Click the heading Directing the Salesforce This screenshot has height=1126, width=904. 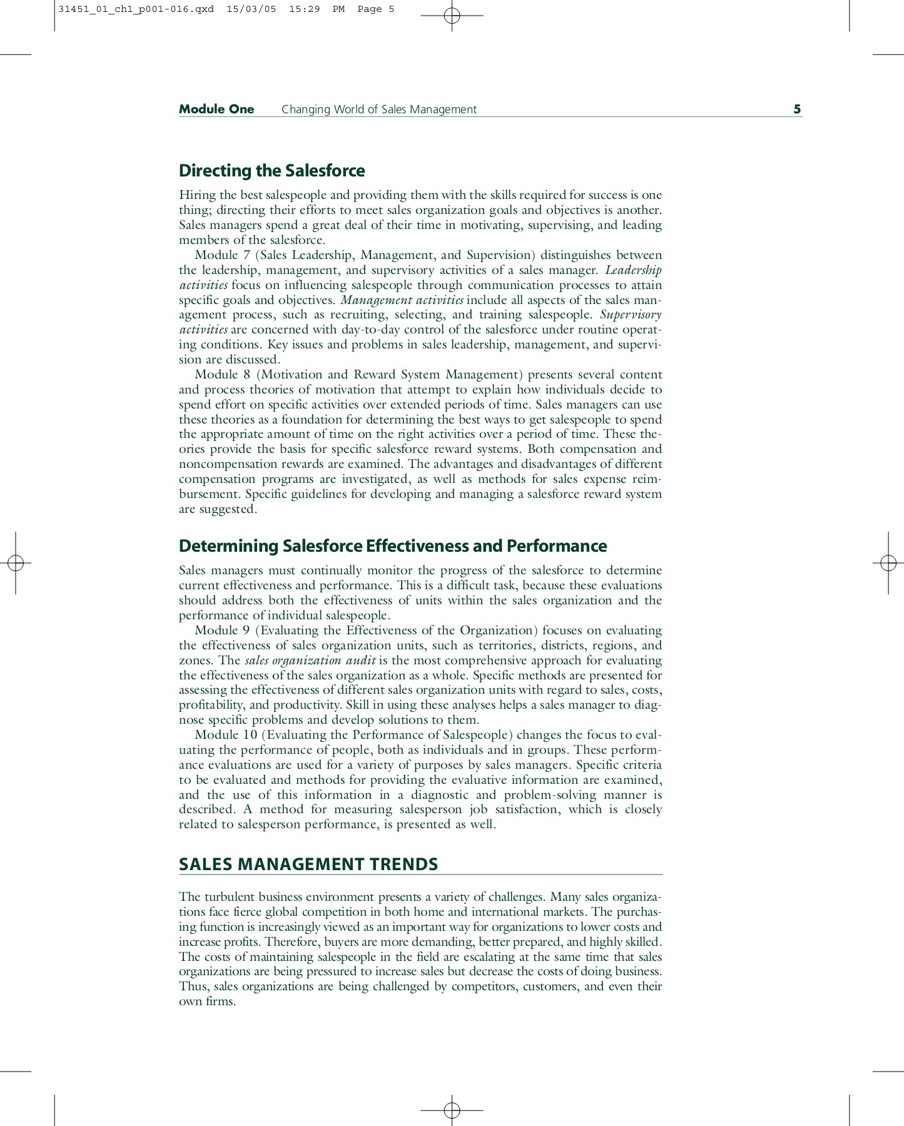(x=272, y=171)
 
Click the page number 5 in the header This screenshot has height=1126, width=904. (x=796, y=109)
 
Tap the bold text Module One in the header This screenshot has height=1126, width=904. (x=216, y=109)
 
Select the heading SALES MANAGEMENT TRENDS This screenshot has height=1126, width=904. (x=308, y=865)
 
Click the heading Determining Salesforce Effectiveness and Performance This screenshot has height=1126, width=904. (x=392, y=546)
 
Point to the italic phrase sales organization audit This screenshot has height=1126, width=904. (x=310, y=661)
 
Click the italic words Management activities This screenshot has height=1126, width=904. (x=402, y=300)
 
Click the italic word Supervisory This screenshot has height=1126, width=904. (x=630, y=315)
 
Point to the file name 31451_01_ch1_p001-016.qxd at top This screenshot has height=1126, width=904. (x=136, y=9)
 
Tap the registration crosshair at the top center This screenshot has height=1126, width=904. (x=452, y=16)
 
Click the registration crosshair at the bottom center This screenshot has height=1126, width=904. (x=452, y=1110)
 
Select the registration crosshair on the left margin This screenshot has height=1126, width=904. (x=16, y=563)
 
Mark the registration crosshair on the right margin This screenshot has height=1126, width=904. (x=888, y=563)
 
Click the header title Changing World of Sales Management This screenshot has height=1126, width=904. (x=378, y=109)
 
